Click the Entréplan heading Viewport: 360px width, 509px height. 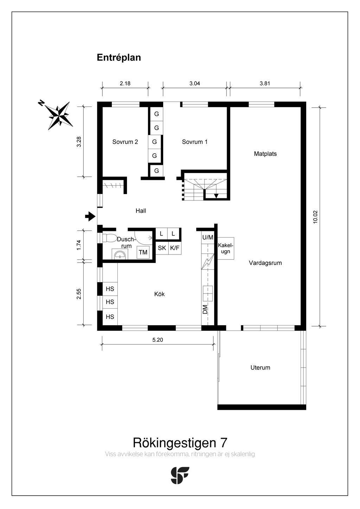point(119,58)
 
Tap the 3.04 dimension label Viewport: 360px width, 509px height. point(194,84)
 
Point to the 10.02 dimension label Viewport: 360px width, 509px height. point(315,217)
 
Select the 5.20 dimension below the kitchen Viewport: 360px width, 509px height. point(158,340)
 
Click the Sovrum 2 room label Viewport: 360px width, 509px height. point(125,142)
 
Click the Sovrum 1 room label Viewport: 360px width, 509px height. point(194,142)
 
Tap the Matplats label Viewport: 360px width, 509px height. point(265,154)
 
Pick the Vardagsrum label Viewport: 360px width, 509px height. point(265,263)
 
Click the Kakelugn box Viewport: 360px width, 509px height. point(225,248)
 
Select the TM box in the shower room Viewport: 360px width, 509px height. point(143,252)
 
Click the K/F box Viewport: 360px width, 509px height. point(175,248)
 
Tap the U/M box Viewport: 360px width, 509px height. point(207,238)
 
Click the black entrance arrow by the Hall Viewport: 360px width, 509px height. point(90,217)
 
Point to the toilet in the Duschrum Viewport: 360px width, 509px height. point(109,238)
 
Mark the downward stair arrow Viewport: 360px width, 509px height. point(216,196)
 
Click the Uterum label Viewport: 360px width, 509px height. point(260,368)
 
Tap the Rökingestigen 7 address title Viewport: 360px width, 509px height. point(180,443)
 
